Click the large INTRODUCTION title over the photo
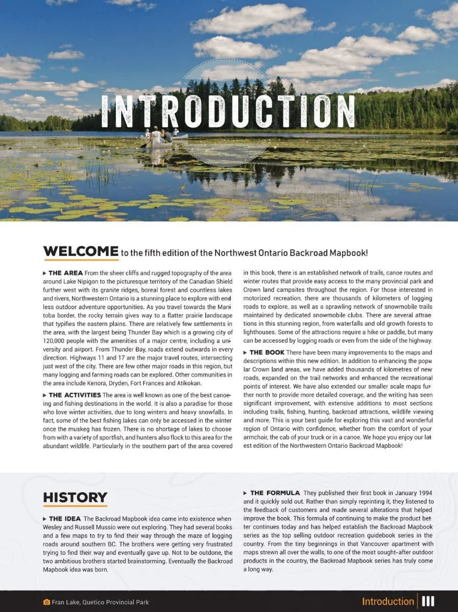tap(228, 111)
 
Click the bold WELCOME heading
tap(81, 251)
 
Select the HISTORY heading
tap(75, 497)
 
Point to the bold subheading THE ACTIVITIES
tap(75, 395)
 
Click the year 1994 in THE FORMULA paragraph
tap(424, 493)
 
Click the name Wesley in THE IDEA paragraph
tap(54, 527)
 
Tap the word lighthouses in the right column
tap(260, 333)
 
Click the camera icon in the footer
tap(46, 602)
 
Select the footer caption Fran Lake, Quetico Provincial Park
tap(100, 602)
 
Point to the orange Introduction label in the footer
tap(388, 602)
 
